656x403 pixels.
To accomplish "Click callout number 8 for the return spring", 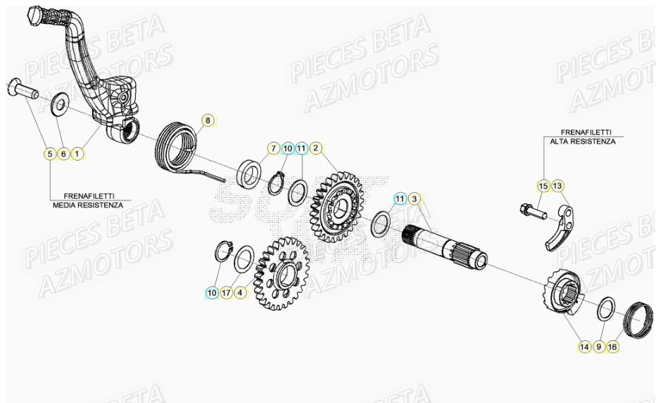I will coord(207,120).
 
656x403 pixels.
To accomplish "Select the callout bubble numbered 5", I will coord(49,153).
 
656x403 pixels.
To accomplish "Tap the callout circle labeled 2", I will coord(317,148).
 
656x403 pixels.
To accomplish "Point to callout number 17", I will coord(226,292).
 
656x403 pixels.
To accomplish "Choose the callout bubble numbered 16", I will coord(612,346).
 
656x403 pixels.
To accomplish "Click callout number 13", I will coord(557,185).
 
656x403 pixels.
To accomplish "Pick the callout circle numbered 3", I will coord(415,199).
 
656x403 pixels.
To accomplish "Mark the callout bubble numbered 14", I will coord(584,346).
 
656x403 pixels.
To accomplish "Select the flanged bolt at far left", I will coord(20,89).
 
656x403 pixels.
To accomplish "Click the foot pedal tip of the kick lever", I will coord(38,17).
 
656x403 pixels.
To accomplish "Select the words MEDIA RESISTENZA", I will coord(87,205).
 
